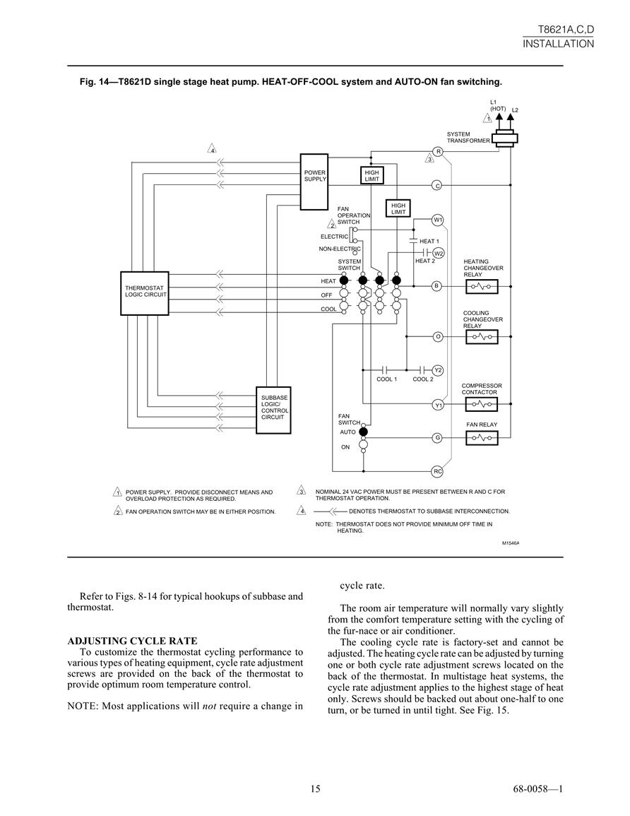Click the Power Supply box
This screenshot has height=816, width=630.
click(314, 182)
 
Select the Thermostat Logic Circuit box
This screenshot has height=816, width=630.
click(145, 293)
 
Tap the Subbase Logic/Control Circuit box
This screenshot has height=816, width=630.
click(273, 410)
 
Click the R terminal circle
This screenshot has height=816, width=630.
click(439, 151)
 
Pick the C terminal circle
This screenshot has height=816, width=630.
click(437, 185)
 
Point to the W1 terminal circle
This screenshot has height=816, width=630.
click(438, 220)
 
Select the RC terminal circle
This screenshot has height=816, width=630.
click(437, 471)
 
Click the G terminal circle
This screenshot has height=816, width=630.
click(437, 438)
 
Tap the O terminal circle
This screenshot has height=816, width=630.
click(438, 337)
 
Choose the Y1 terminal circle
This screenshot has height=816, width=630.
click(439, 405)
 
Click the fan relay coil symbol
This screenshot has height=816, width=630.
click(482, 438)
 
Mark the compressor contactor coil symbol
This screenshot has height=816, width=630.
click(482, 404)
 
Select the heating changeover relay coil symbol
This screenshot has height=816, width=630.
click(482, 286)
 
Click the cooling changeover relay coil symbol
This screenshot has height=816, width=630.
click(482, 337)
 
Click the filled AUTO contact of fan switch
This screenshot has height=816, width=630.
click(363, 432)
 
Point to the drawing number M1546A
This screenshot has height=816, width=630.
click(511, 543)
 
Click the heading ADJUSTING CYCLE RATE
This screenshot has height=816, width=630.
click(132, 641)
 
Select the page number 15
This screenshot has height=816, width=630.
click(315, 789)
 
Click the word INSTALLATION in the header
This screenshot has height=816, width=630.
click(558, 44)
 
